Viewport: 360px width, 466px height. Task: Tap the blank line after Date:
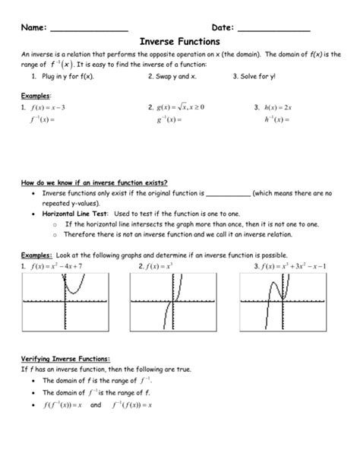point(274,29)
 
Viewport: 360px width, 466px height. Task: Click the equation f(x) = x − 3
point(47,108)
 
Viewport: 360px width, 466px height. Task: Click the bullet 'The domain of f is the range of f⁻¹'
point(95,380)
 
